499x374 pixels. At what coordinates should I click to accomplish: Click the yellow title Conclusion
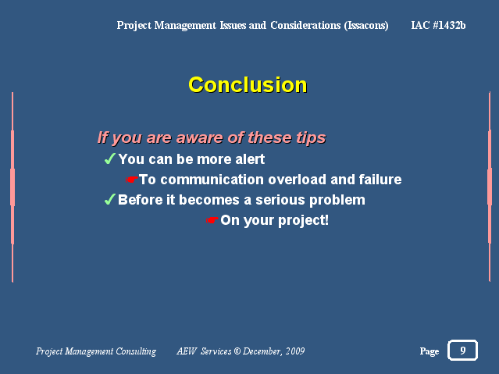tap(248, 85)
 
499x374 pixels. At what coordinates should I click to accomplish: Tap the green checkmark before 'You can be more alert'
tap(110, 159)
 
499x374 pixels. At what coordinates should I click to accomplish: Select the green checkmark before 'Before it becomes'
tap(110, 199)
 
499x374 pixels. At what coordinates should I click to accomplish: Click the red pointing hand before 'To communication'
tap(132, 180)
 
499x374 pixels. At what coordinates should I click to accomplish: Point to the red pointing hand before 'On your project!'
tap(212, 220)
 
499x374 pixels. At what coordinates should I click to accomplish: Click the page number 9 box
tap(462, 350)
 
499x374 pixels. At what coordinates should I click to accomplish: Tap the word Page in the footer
tap(429, 351)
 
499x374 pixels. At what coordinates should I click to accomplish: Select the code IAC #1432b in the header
tap(438, 25)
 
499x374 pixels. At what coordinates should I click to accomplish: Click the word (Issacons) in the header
tap(366, 26)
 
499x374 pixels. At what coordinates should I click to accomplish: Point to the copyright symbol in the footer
tap(237, 351)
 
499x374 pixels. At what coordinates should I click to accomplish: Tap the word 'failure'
tap(380, 180)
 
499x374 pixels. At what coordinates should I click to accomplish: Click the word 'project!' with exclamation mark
tap(303, 221)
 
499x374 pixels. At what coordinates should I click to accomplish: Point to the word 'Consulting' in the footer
tap(136, 351)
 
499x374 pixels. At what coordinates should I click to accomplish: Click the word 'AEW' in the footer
tap(187, 351)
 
